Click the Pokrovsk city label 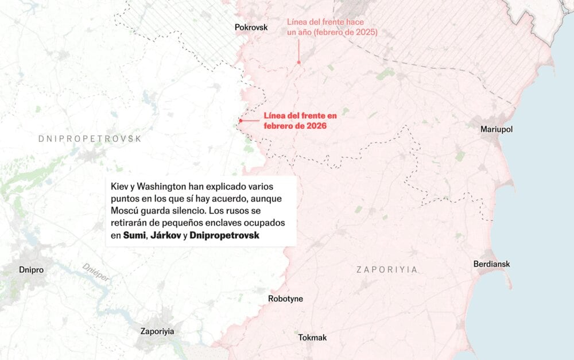[251, 27]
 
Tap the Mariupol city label [496, 129]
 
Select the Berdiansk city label [491, 264]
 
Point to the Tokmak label [312, 338]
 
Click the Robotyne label [285, 299]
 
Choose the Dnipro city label [31, 269]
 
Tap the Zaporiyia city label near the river [157, 331]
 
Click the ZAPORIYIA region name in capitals [386, 269]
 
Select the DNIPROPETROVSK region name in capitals [90, 138]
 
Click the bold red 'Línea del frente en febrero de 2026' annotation [300, 121]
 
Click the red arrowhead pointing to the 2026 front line [241, 121]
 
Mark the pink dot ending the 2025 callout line [298, 62]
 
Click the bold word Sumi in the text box [134, 236]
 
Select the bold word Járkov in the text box [165, 236]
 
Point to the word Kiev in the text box [121, 188]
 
